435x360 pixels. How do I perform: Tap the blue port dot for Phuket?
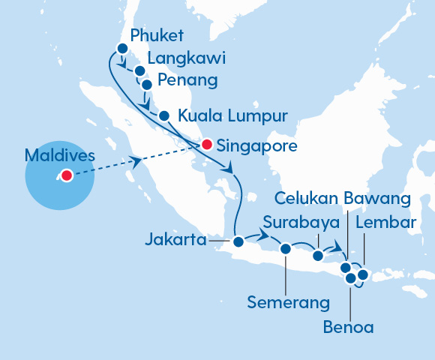point(122,49)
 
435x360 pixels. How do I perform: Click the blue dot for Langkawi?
point(139,70)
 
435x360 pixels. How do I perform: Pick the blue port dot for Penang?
point(146,85)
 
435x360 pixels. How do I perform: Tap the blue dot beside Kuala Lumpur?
point(163,115)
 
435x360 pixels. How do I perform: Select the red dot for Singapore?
point(206,144)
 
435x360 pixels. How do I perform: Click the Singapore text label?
point(256,145)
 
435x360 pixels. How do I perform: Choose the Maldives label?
point(60,156)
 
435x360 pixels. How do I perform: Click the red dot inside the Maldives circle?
point(66,176)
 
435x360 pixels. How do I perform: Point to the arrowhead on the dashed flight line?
point(137,160)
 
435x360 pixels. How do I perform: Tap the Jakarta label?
point(176,241)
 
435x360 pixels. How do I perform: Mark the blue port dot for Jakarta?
point(238,241)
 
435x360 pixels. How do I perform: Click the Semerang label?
point(289,303)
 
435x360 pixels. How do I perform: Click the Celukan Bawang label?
point(342,198)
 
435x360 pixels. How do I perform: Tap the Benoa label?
point(348,327)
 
